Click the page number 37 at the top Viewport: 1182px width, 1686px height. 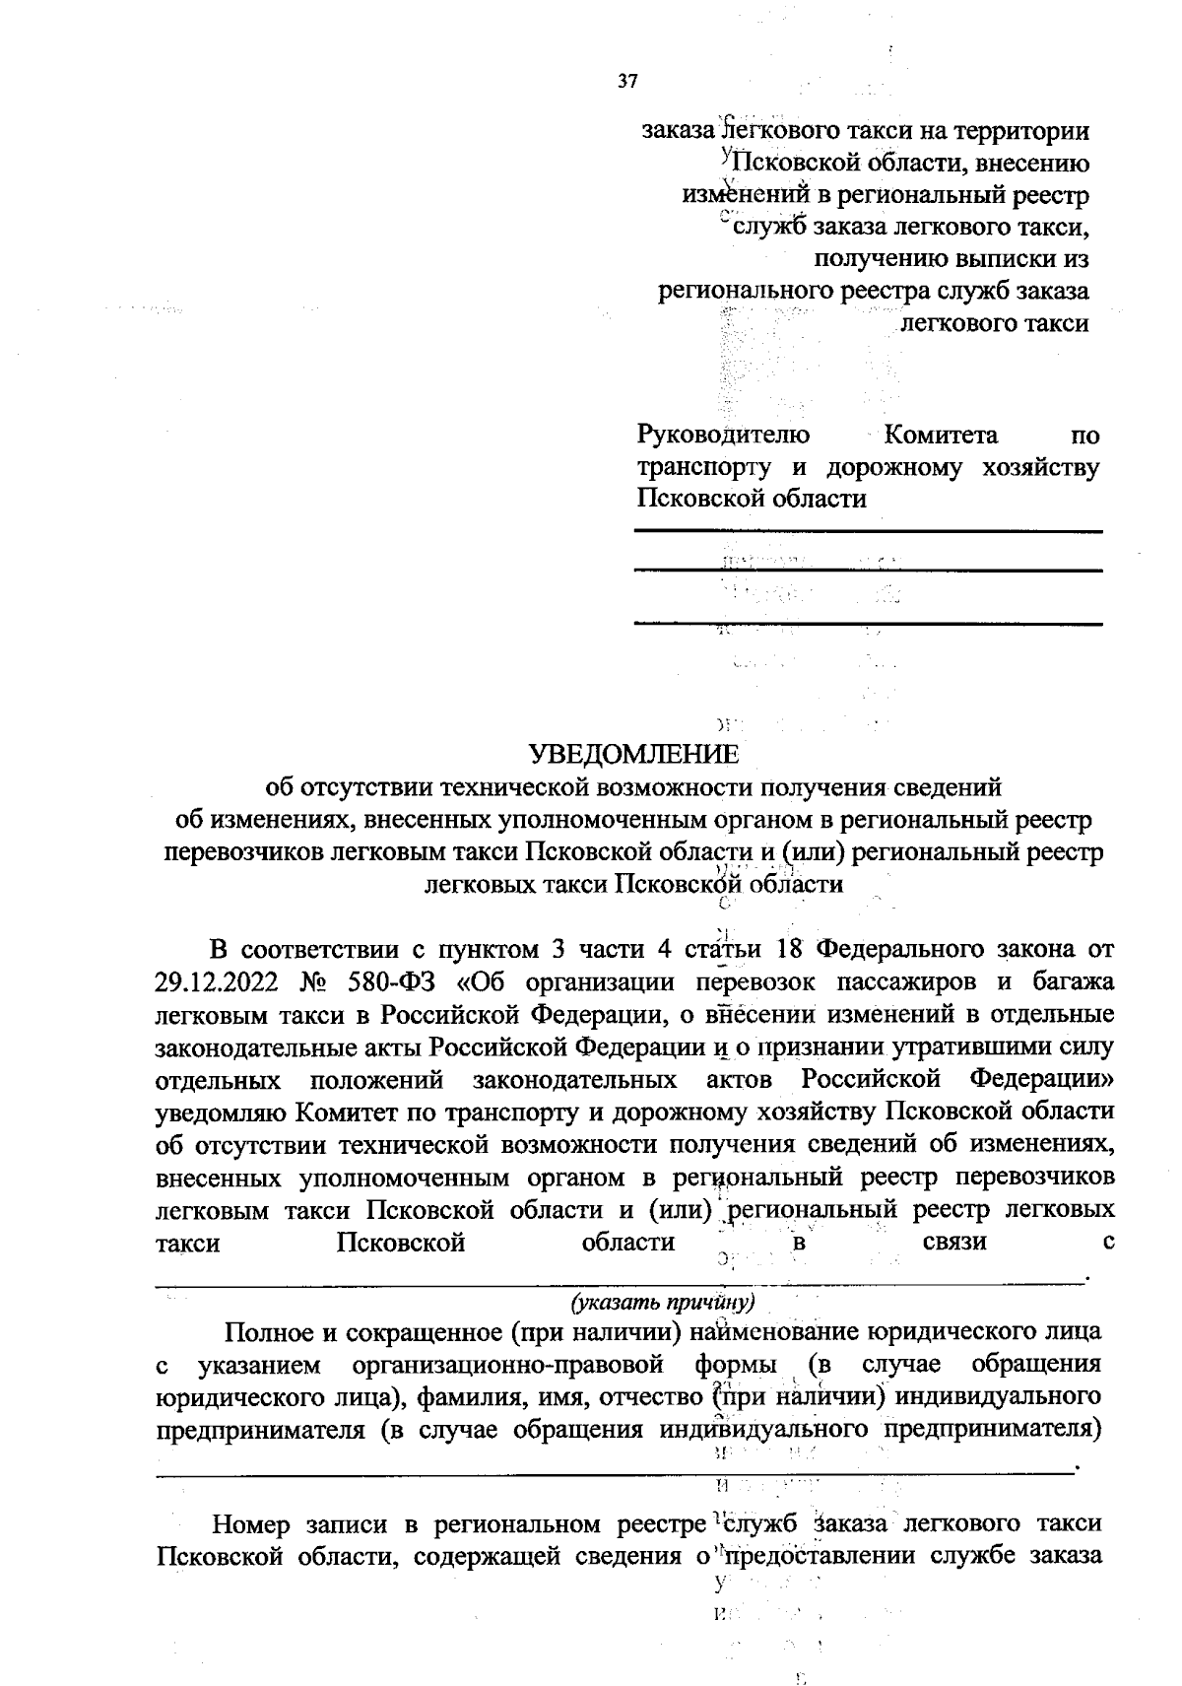pyautogui.click(x=627, y=82)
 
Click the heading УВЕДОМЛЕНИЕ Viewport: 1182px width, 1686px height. pyautogui.click(x=634, y=755)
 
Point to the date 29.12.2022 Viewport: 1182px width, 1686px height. pyautogui.click(x=219, y=982)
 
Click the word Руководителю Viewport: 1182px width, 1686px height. pyautogui.click(x=724, y=435)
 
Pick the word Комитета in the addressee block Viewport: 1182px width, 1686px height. pyautogui.click(x=941, y=435)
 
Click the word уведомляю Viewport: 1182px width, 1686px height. pyautogui.click(x=220, y=1113)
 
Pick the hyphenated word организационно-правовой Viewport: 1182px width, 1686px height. pyautogui.click(x=507, y=1366)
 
